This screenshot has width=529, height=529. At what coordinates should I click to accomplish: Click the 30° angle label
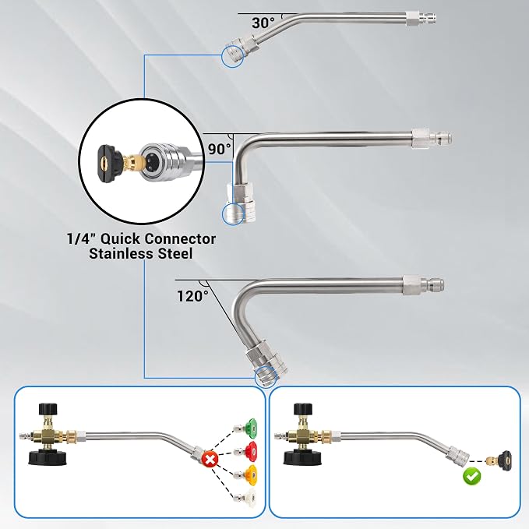tap(263, 23)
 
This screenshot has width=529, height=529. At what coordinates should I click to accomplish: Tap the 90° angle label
tap(220, 149)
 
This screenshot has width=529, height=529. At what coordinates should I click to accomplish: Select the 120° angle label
tap(193, 296)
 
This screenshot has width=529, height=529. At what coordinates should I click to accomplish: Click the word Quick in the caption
tap(121, 239)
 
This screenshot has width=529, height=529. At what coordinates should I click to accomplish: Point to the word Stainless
tap(119, 253)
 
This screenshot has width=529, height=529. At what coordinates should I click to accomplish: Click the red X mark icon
tap(210, 460)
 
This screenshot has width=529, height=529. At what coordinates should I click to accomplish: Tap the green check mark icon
tap(472, 476)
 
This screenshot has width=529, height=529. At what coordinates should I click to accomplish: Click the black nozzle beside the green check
tap(504, 459)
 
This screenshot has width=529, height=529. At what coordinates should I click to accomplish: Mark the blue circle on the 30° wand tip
tap(233, 55)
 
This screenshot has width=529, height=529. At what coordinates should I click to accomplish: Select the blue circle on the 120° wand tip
tap(266, 376)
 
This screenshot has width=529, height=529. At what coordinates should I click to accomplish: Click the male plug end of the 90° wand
tap(441, 138)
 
